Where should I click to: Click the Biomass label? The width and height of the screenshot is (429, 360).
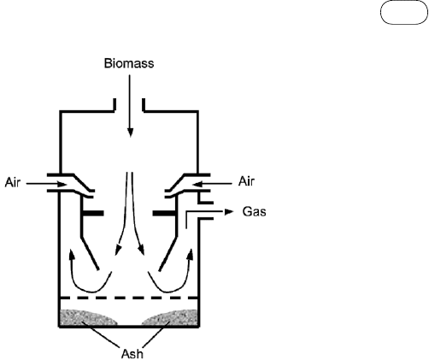tap(129, 63)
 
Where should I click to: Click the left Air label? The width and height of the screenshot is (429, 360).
tap(13, 182)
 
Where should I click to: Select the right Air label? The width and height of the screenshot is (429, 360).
tap(246, 181)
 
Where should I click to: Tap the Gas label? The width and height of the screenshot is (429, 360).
tap(255, 212)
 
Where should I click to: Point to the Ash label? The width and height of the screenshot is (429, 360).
tap(132, 354)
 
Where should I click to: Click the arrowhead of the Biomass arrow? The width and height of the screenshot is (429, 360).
tap(130, 133)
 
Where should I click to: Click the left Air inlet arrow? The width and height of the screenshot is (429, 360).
tap(47, 184)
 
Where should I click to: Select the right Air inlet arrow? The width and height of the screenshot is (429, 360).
tap(212, 184)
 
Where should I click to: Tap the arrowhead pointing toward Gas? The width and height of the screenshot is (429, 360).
tap(229, 212)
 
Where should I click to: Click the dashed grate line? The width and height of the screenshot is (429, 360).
tap(129, 298)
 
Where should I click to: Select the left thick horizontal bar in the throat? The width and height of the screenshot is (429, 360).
tap(92, 213)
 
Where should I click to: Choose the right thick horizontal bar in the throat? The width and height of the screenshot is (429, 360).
tap(164, 213)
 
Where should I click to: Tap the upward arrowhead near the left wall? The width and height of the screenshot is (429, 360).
tap(73, 255)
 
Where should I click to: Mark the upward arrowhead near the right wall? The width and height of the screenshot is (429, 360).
tap(190, 254)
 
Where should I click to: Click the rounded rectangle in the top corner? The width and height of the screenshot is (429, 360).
tap(404, 13)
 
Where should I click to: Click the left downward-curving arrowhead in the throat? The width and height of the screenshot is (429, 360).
tap(118, 250)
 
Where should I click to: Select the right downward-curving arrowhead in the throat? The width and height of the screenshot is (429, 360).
tap(141, 250)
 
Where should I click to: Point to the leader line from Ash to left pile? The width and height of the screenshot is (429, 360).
tap(101, 334)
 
